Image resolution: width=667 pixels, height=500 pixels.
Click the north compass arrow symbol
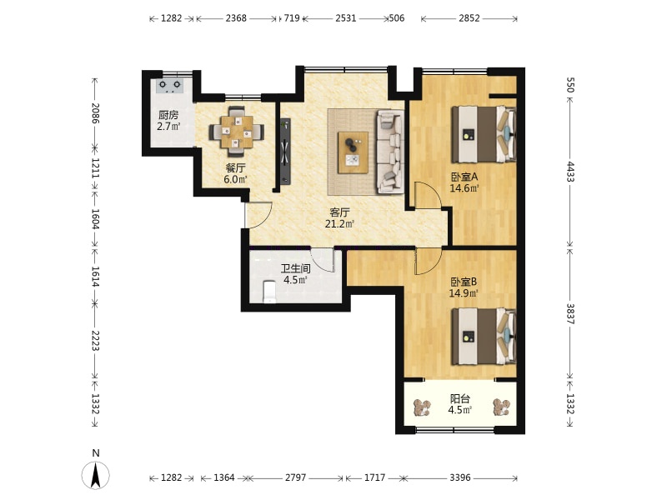click(96, 475)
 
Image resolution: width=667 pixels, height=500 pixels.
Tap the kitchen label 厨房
click(168, 115)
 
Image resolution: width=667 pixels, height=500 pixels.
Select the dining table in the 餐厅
click(236, 132)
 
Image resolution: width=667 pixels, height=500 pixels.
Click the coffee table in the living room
click(353, 152)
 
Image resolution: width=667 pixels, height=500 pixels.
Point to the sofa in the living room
click(390, 152)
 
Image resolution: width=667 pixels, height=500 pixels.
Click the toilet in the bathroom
click(269, 292)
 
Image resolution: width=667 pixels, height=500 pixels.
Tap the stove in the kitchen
click(170, 86)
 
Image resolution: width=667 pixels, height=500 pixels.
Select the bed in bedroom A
click(484, 134)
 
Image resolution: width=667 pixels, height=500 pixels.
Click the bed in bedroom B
click(484, 337)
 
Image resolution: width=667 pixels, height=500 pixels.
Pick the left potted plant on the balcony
click(423, 407)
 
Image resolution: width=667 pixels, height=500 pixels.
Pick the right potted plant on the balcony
click(502, 407)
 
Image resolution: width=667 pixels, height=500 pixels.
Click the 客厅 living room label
click(340, 212)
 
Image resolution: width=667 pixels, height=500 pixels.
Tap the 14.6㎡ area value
click(464, 188)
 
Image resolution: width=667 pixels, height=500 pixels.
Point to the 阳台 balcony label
click(460, 399)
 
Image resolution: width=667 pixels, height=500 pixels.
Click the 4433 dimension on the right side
click(570, 172)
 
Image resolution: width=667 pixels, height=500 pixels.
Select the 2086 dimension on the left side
click(95, 113)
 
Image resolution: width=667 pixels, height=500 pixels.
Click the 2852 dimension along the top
click(469, 18)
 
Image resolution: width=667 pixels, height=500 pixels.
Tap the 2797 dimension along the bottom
click(296, 477)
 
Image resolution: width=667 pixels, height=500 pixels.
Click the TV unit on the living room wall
click(284, 152)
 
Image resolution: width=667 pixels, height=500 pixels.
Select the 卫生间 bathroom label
click(296, 268)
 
